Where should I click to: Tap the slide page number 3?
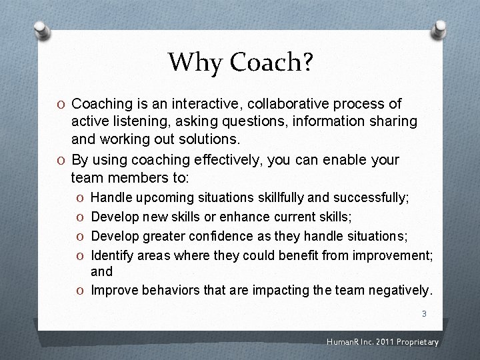423,313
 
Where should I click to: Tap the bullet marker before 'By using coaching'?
61,160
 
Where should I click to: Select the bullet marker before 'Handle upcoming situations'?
80,198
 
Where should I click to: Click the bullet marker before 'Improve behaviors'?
80,291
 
